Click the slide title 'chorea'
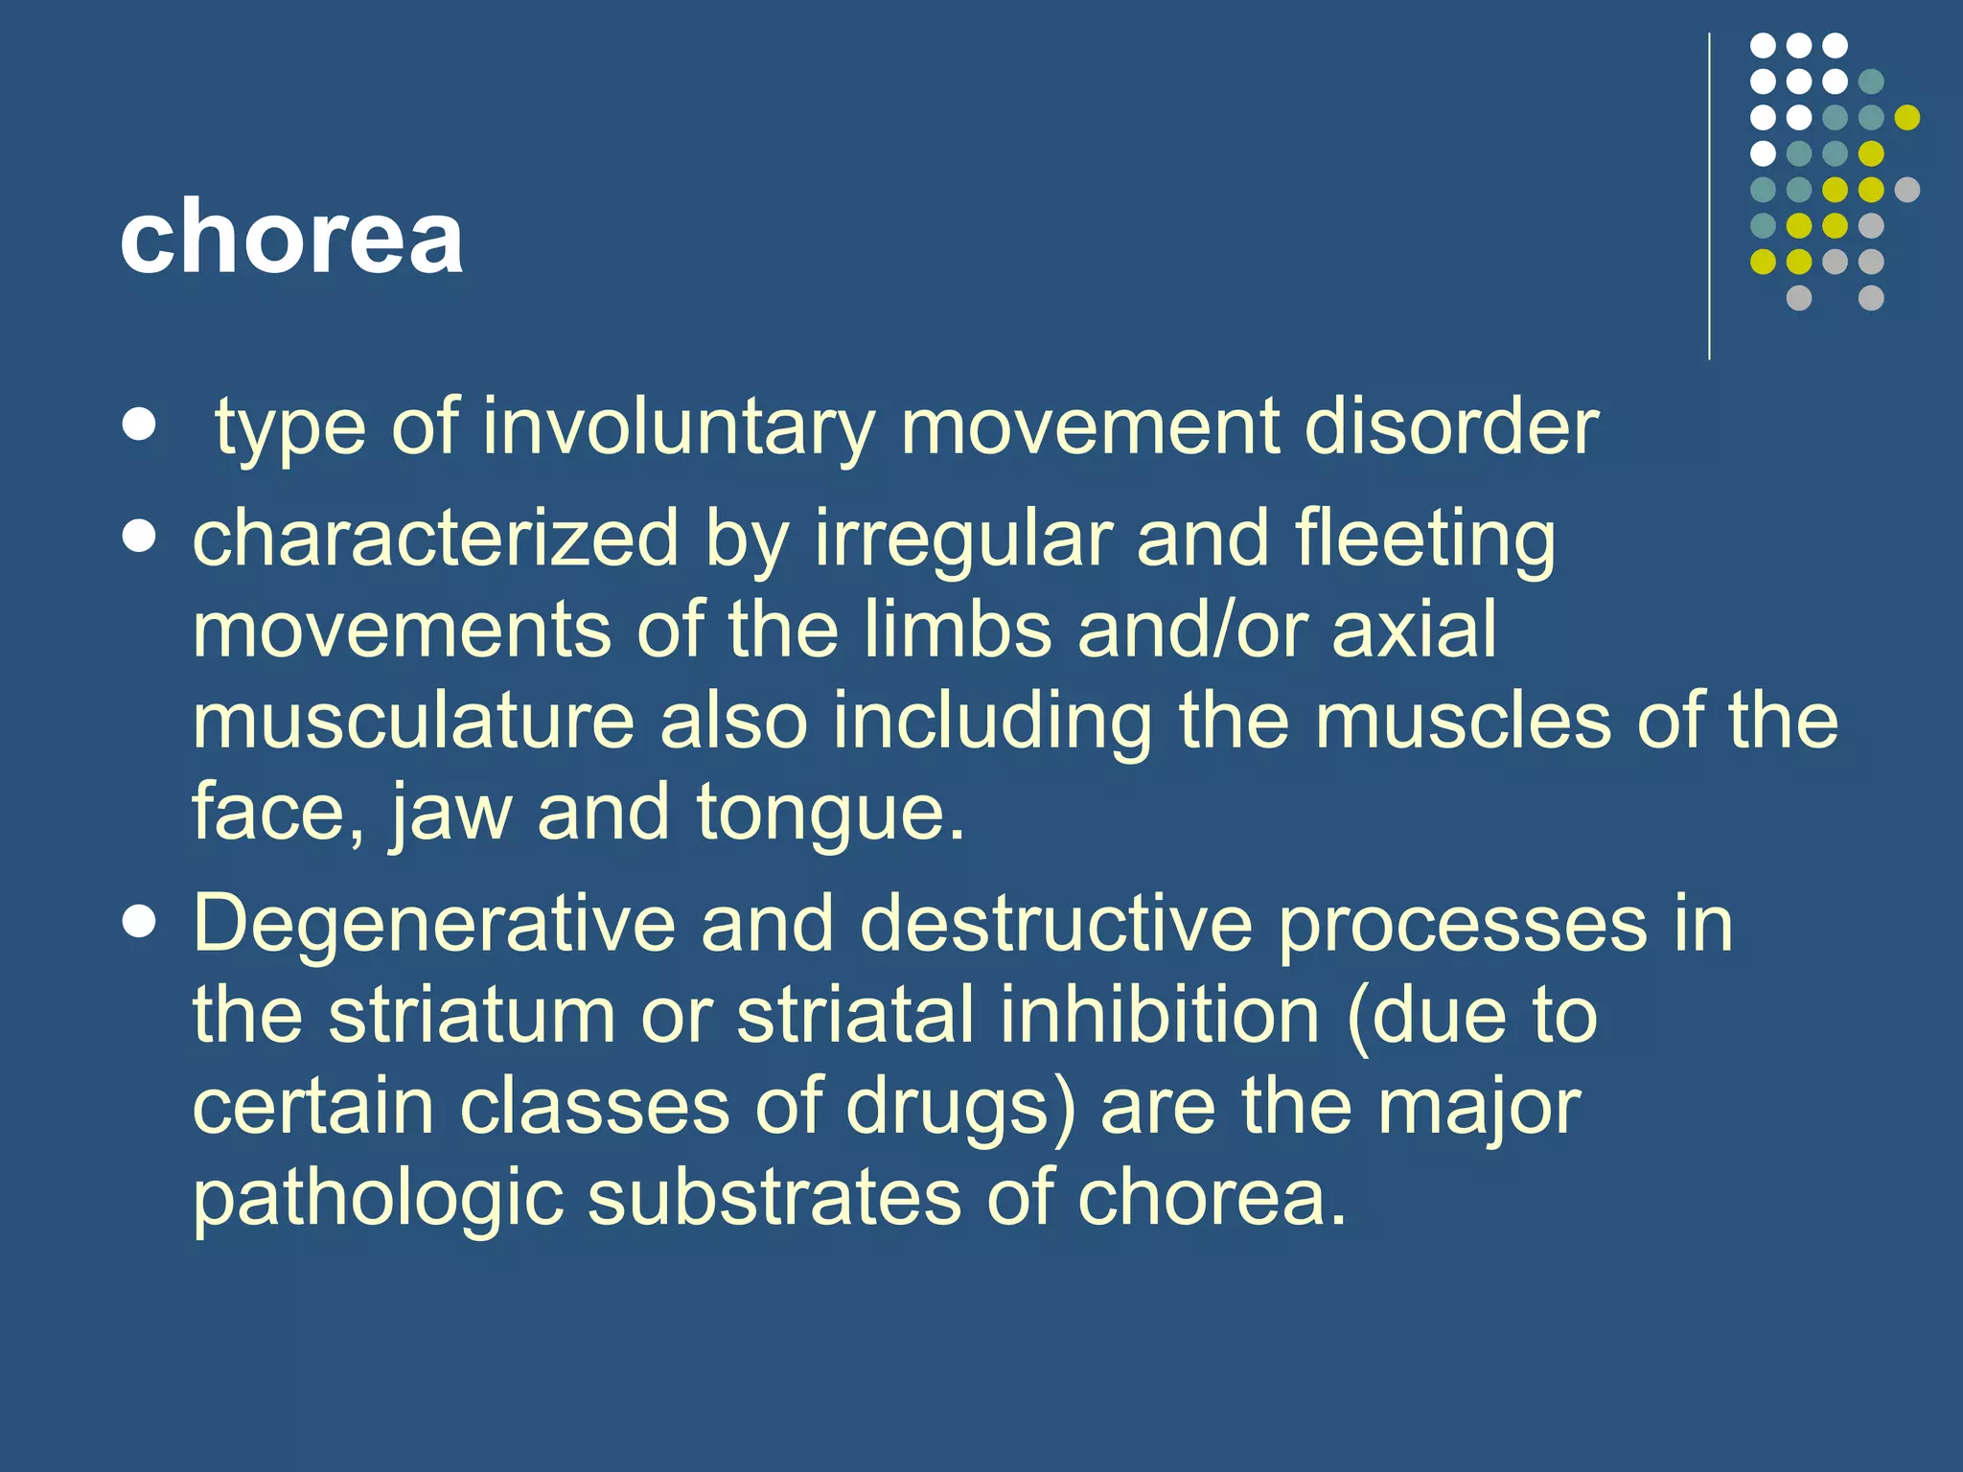coord(291,236)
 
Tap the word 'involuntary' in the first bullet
coord(678,426)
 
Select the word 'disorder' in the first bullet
coord(1451,426)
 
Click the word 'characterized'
coord(435,539)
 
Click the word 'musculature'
coord(413,721)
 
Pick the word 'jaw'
coord(450,813)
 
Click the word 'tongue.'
coord(830,813)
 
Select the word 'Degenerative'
coord(434,924)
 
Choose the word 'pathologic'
coord(378,1198)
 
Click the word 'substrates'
coord(774,1198)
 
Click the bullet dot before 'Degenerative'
coord(140,923)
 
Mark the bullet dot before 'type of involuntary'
coord(140,425)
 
